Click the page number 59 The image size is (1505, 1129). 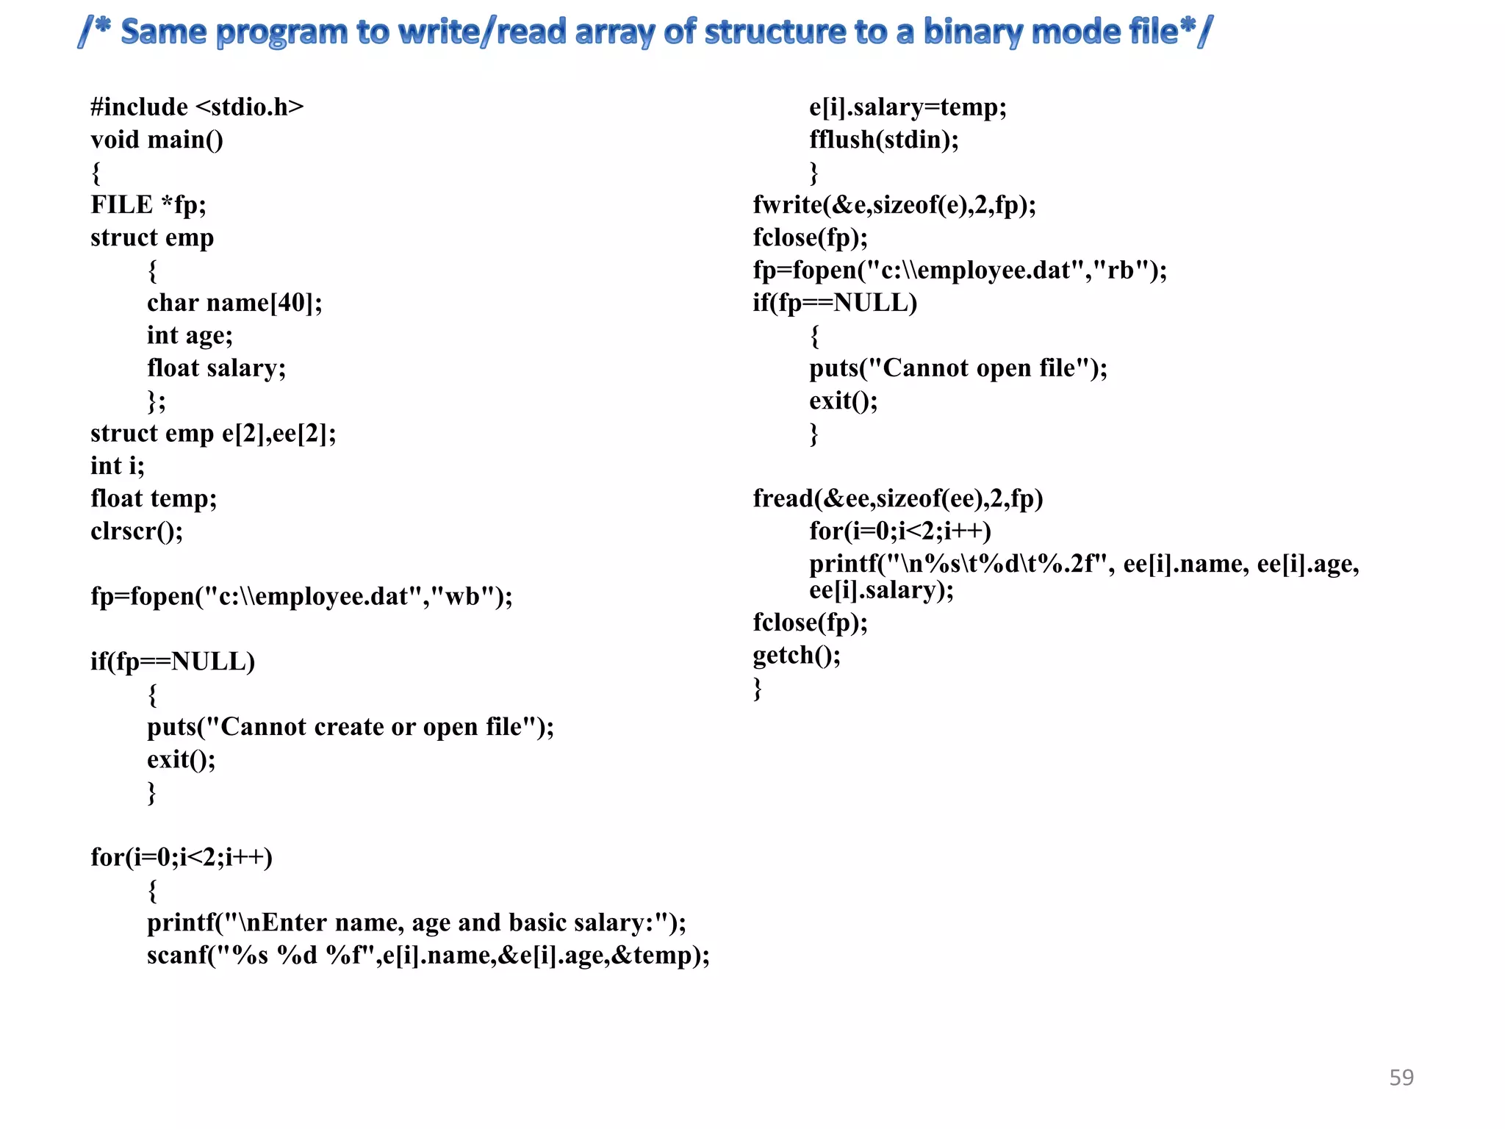[x=1401, y=1077]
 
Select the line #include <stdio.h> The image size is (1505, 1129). [x=197, y=107]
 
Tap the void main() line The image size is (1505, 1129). [x=157, y=140]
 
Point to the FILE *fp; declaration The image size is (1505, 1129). [x=148, y=205]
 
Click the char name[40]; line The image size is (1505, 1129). [x=234, y=303]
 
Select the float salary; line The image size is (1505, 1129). [x=216, y=368]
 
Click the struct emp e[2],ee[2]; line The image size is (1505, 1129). [x=213, y=434]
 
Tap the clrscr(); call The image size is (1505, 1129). [x=137, y=531]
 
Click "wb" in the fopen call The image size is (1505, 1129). [x=463, y=596]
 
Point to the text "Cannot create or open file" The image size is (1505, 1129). [x=371, y=727]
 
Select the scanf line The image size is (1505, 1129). [x=428, y=956]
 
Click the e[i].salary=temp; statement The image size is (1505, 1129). [x=908, y=107]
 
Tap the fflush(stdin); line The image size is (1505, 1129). [x=884, y=140]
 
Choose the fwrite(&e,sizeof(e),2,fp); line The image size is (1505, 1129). [x=894, y=205]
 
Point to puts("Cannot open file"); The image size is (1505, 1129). [x=958, y=368]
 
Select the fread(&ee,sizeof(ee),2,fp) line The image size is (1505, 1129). [x=897, y=499]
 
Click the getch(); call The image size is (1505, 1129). [x=796, y=656]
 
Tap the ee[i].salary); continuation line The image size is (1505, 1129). [x=881, y=590]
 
